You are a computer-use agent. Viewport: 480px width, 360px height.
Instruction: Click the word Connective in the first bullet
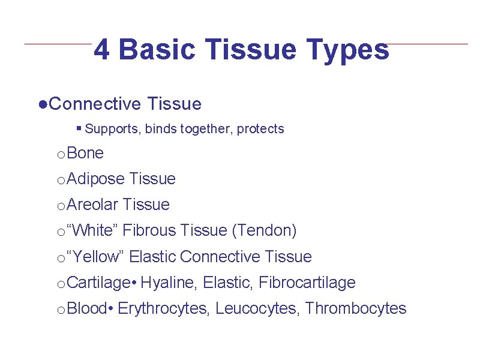coord(95,104)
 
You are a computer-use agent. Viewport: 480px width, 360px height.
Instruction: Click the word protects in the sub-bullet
coord(260,129)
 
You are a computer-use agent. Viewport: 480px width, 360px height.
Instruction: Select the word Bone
coord(86,154)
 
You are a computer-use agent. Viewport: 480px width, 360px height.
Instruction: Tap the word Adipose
coord(96,179)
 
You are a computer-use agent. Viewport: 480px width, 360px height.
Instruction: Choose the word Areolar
coord(93,205)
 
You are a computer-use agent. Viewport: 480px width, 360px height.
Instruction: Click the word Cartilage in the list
coord(99,283)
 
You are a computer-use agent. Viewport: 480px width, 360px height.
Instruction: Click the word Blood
coord(87,308)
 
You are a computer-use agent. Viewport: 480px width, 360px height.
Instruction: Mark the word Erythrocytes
coord(163,308)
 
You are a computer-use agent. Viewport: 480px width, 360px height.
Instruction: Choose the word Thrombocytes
coord(356,308)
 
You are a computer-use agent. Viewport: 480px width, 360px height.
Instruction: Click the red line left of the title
coord(58,44)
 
